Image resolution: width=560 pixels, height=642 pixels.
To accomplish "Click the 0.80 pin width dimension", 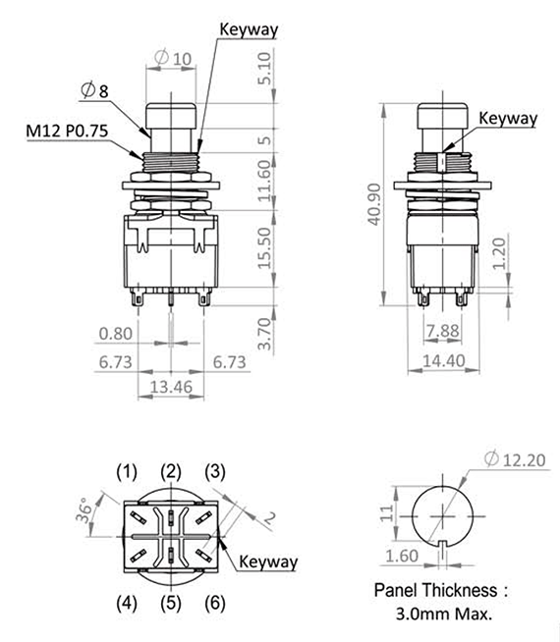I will (117, 333).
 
